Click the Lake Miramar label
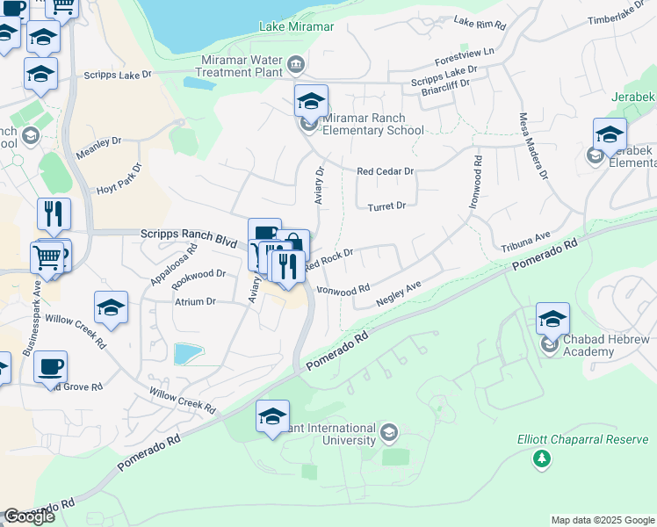coord(296,27)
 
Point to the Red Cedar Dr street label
coord(384,171)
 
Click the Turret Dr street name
coord(387,206)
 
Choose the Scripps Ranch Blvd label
coord(189,235)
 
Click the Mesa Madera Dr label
coord(532,146)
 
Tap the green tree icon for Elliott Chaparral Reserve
coord(542,458)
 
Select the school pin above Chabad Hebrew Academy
coord(552,319)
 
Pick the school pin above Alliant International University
coord(272,416)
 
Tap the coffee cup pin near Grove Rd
coord(50,367)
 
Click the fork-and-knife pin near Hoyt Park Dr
coord(54,215)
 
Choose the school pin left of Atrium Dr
coord(111,308)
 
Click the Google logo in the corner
coord(29,516)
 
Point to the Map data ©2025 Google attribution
coord(602,520)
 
